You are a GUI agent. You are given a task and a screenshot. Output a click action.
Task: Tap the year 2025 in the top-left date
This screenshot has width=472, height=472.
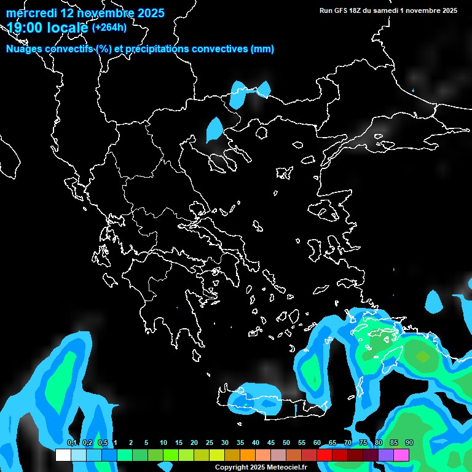click(147, 13)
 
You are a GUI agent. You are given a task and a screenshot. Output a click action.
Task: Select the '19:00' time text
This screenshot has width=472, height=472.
click(25, 27)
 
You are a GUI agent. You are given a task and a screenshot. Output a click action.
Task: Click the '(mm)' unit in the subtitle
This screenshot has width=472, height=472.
click(262, 49)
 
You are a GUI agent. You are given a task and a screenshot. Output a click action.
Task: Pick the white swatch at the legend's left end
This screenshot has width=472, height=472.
click(63, 455)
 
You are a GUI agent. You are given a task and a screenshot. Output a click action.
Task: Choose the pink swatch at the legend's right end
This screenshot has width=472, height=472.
click(401, 455)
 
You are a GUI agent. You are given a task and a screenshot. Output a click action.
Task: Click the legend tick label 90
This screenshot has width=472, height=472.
click(409, 443)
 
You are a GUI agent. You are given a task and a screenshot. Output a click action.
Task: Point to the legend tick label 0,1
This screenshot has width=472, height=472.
click(71, 443)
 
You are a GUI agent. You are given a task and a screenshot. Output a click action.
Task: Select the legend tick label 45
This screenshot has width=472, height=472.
click(271, 443)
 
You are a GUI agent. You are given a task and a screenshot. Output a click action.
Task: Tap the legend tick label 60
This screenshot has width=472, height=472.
click(317, 443)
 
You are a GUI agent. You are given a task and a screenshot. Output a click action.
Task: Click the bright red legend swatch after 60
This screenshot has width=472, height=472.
click(324, 455)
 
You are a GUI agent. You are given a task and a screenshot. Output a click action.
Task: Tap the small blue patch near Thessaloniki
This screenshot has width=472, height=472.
click(214, 130)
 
